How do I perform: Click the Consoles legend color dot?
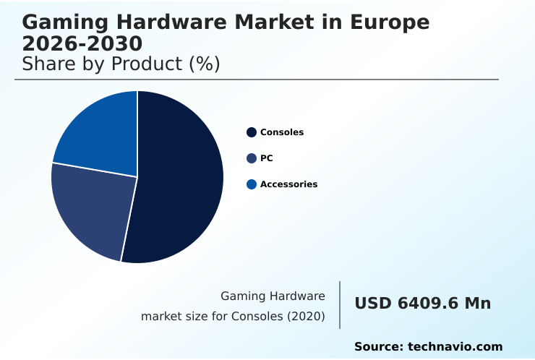252,132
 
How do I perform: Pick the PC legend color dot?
252,158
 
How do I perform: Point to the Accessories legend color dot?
252,184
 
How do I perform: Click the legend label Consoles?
282,132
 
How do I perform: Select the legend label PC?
266,158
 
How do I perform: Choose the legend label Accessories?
288,184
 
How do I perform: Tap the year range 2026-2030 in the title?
82,43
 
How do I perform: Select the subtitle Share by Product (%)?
121,64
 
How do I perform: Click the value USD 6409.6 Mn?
422,304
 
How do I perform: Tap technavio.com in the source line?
455,347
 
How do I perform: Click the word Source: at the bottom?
379,347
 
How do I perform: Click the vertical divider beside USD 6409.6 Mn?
340,305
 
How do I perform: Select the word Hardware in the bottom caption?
297,296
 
